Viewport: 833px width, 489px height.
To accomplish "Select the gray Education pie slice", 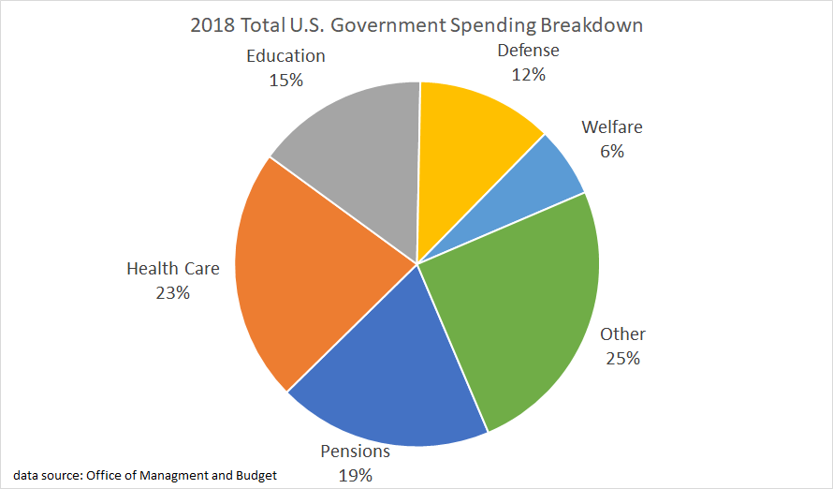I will tap(356, 159).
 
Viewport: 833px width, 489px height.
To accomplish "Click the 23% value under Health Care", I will tap(173, 292).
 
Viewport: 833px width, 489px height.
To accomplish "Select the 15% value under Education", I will tap(285, 80).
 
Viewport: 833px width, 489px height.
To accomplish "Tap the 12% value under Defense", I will tap(529, 74).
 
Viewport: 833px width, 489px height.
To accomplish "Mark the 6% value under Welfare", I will tap(612, 151).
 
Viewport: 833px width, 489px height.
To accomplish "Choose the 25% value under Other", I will tap(622, 358).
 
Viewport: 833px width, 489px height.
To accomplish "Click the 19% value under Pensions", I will tap(355, 475).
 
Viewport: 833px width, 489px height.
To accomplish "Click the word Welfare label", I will tap(612, 127).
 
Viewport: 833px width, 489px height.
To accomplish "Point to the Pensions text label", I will tap(355, 452).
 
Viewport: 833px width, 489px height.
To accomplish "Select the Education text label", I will tap(285, 56).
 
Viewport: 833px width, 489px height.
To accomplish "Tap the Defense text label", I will tap(529, 51).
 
